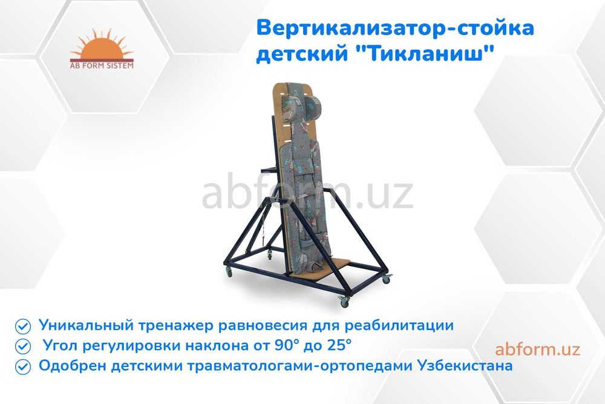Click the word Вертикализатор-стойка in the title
click(396, 28)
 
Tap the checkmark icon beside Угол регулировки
click(23, 346)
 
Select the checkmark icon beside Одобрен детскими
click(23, 366)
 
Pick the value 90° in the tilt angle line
click(274, 346)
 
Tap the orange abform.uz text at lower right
click(537, 349)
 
